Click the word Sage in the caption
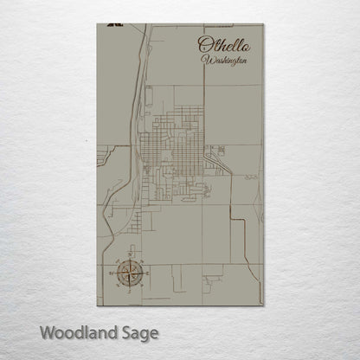tap(140, 332)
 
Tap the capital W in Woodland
tap(46, 331)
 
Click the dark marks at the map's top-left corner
tap(110, 27)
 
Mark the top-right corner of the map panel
tap(263, 24)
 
